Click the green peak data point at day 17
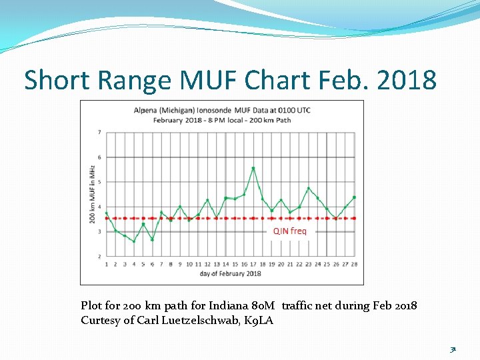pyautogui.click(x=253, y=168)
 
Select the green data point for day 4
pyautogui.click(x=134, y=241)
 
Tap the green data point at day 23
pyautogui.click(x=309, y=189)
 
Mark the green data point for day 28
pyautogui.click(x=354, y=197)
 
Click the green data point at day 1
pyautogui.click(x=107, y=213)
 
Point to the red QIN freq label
pyautogui.click(x=290, y=231)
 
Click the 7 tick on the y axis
pyautogui.click(x=99, y=132)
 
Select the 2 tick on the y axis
pyautogui.click(x=99, y=256)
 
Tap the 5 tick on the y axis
pyautogui.click(x=99, y=182)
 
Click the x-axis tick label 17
pyautogui.click(x=253, y=264)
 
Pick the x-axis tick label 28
pyautogui.click(x=354, y=264)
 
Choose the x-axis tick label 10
pyautogui.click(x=189, y=264)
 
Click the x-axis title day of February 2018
pyautogui.click(x=231, y=273)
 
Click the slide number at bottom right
pyautogui.click(x=452, y=349)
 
